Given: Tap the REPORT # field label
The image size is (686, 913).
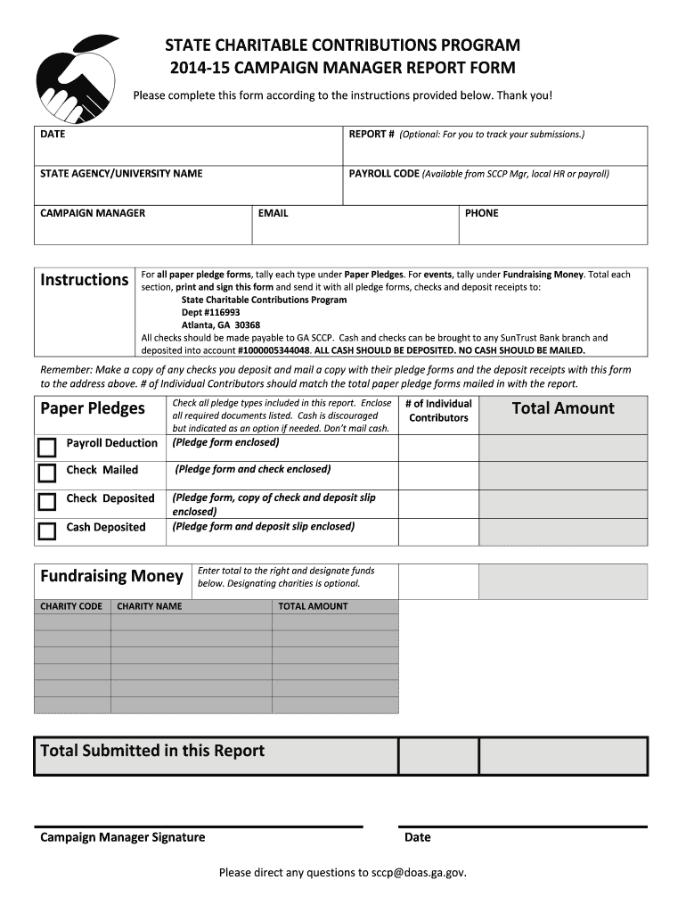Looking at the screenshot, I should (x=372, y=135).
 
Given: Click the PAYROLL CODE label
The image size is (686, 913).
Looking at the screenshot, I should (x=383, y=174).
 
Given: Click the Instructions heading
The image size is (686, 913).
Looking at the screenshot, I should (x=85, y=280).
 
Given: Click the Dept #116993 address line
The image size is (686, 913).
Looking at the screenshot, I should (x=211, y=313).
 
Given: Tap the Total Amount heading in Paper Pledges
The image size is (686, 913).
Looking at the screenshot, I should (x=563, y=408).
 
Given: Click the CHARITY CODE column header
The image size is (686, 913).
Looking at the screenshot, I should (x=71, y=606).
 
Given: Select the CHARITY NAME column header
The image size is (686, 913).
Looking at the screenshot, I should (x=150, y=606).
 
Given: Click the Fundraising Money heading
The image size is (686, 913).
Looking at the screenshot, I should (x=111, y=576).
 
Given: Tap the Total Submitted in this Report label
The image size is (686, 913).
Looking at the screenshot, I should (x=152, y=751).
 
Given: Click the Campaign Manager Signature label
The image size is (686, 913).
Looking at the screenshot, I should (x=123, y=837).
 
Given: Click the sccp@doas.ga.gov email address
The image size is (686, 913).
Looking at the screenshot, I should (x=418, y=873).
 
